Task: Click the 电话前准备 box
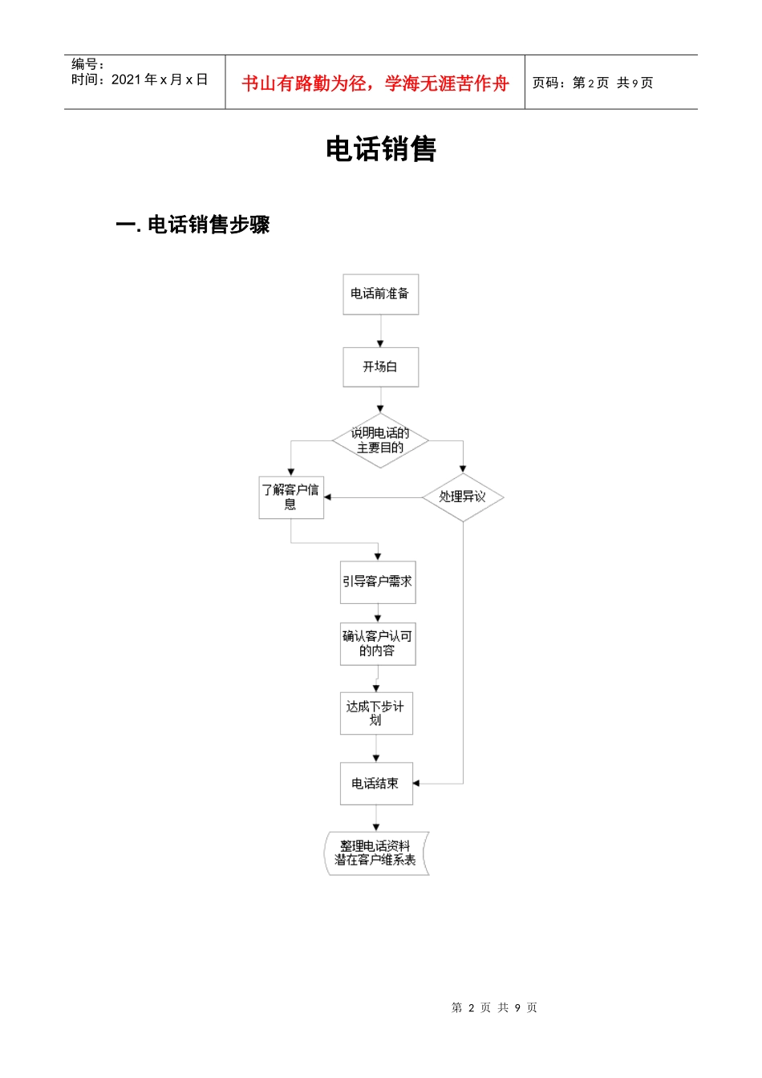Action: click(380, 294)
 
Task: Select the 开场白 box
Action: click(380, 367)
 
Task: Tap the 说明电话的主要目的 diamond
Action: click(380, 440)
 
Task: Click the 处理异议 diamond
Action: click(463, 497)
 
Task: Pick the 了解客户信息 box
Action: click(290, 497)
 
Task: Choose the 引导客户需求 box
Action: click(378, 582)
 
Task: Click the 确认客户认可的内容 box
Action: click(378, 644)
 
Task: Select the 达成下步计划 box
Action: click(376, 713)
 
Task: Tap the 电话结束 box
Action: click(376, 784)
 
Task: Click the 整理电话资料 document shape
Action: click(376, 853)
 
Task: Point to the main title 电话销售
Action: click(381, 149)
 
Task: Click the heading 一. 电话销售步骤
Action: click(193, 225)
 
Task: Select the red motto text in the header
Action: click(375, 83)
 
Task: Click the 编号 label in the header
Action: click(87, 64)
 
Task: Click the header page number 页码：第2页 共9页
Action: click(593, 83)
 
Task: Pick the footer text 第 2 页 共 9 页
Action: click(494, 1007)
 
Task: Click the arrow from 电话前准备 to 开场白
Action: click(380, 330)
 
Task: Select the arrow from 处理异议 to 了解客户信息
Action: click(373, 497)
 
